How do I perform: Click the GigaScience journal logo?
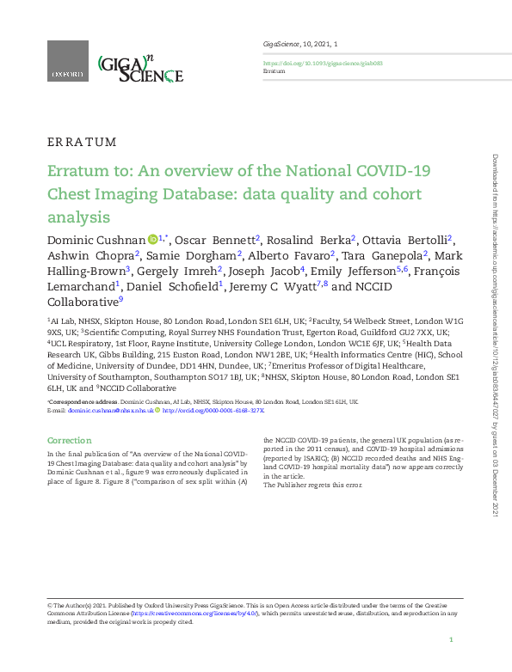(140, 67)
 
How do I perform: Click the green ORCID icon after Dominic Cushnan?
(151, 238)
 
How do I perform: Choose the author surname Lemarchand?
(80, 286)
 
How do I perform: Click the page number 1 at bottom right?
(451, 641)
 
